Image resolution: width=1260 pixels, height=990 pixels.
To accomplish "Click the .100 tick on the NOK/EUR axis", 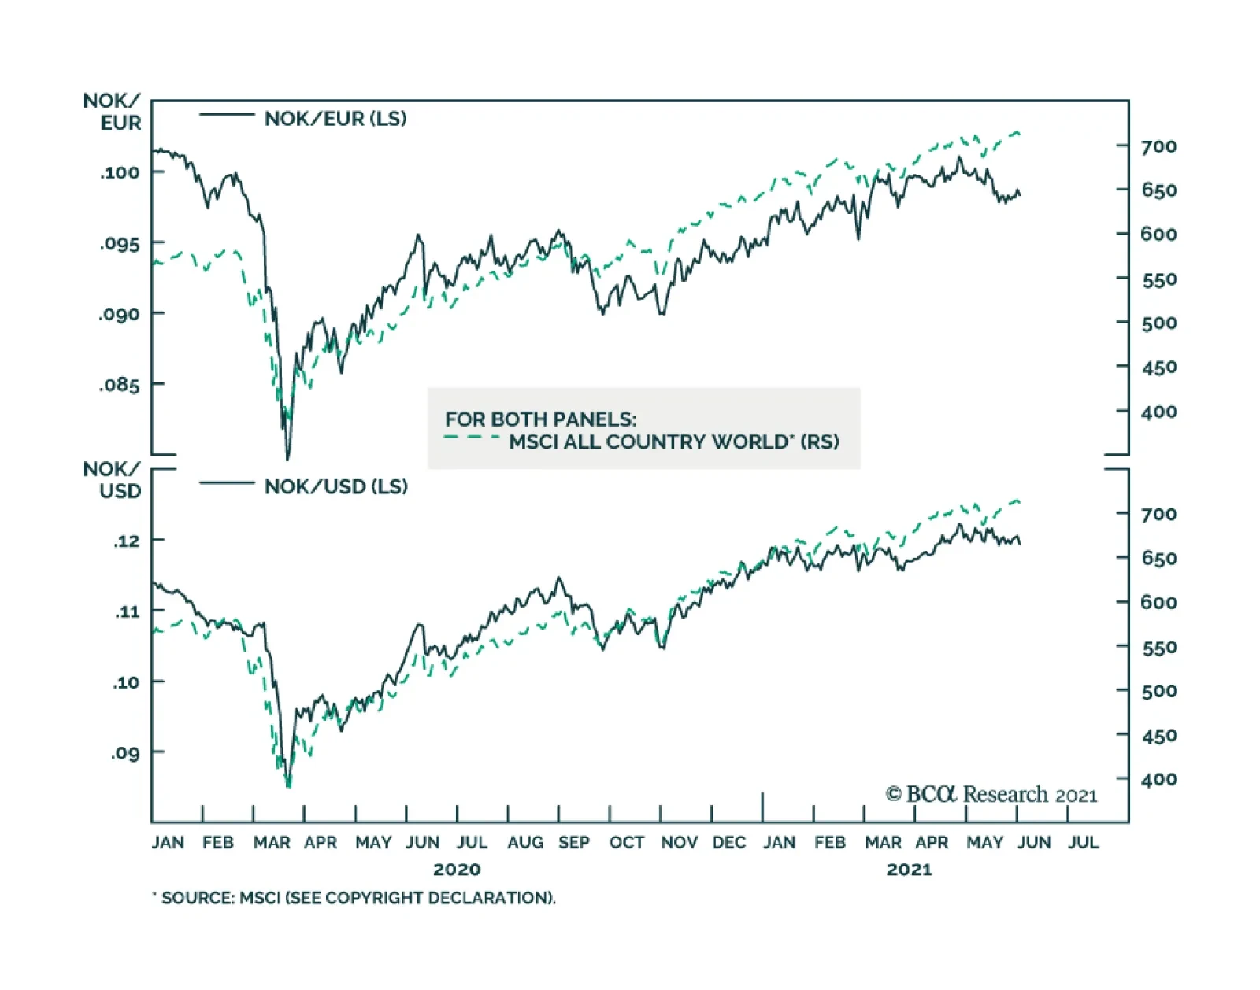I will click(120, 172).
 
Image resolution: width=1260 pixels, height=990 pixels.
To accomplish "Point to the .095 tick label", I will click(120, 243).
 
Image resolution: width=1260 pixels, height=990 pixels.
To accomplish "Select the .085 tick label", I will click(120, 385).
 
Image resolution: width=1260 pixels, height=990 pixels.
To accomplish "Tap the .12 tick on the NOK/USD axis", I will click(127, 541).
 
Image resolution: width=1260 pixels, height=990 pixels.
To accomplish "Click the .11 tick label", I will click(127, 611).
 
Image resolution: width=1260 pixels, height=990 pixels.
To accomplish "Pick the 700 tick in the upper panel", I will click(1158, 146).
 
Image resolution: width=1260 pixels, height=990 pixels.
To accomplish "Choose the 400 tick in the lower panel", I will click(1158, 780).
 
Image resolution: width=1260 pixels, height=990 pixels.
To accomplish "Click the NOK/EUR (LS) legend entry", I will click(335, 119).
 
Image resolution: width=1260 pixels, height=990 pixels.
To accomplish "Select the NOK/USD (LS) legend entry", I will click(336, 486).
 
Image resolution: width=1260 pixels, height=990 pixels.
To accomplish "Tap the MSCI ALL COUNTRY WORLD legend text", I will click(673, 441).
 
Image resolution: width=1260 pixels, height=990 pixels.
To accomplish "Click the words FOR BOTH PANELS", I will click(540, 419).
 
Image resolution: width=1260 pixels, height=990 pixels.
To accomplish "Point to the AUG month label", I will click(525, 843).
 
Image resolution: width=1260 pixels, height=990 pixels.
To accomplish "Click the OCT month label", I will click(627, 843).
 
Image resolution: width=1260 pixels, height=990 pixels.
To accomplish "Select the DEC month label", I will click(728, 843).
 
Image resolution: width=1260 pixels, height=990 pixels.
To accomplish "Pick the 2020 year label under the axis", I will click(457, 870).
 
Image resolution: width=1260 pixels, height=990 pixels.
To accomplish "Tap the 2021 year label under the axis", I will click(909, 870).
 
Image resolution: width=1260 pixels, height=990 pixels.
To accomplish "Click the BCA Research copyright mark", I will click(991, 794).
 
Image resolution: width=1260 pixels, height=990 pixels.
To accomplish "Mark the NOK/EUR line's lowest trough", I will click(287, 459).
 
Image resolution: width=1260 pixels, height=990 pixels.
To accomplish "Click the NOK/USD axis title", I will click(113, 480).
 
